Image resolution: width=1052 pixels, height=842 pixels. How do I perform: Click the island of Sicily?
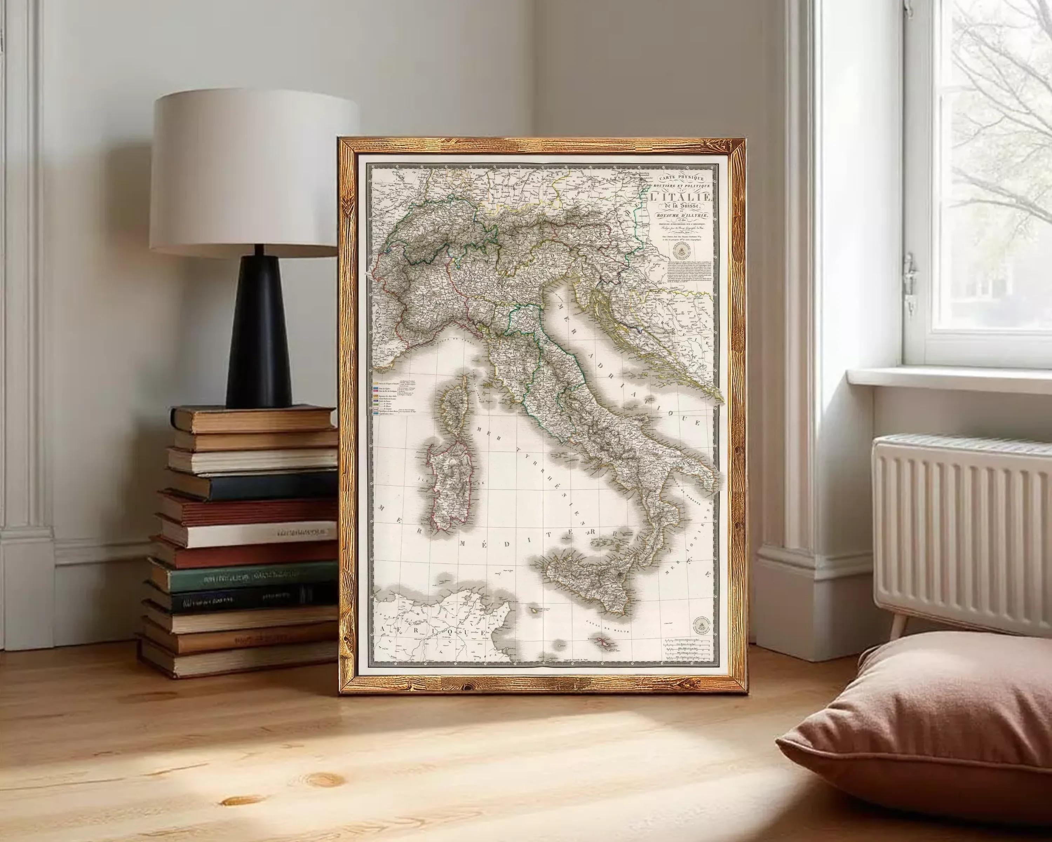[x=591, y=583]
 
